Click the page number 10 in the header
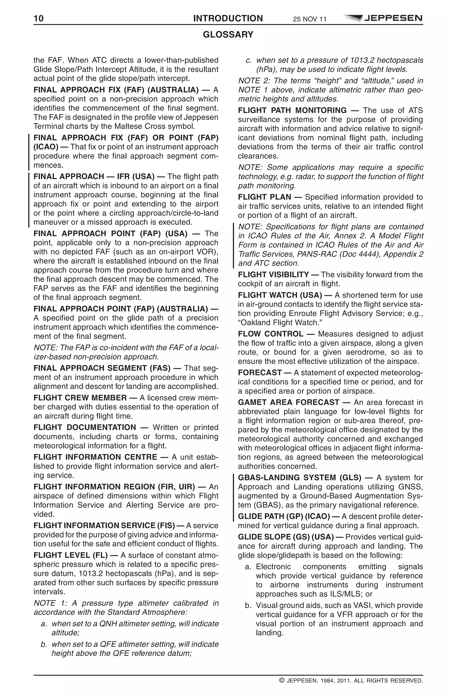point(38,19)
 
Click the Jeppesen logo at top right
point(383,18)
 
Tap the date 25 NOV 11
point(309,19)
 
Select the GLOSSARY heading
point(228,35)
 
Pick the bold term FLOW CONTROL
point(270,334)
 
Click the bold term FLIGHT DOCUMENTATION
point(85,428)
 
